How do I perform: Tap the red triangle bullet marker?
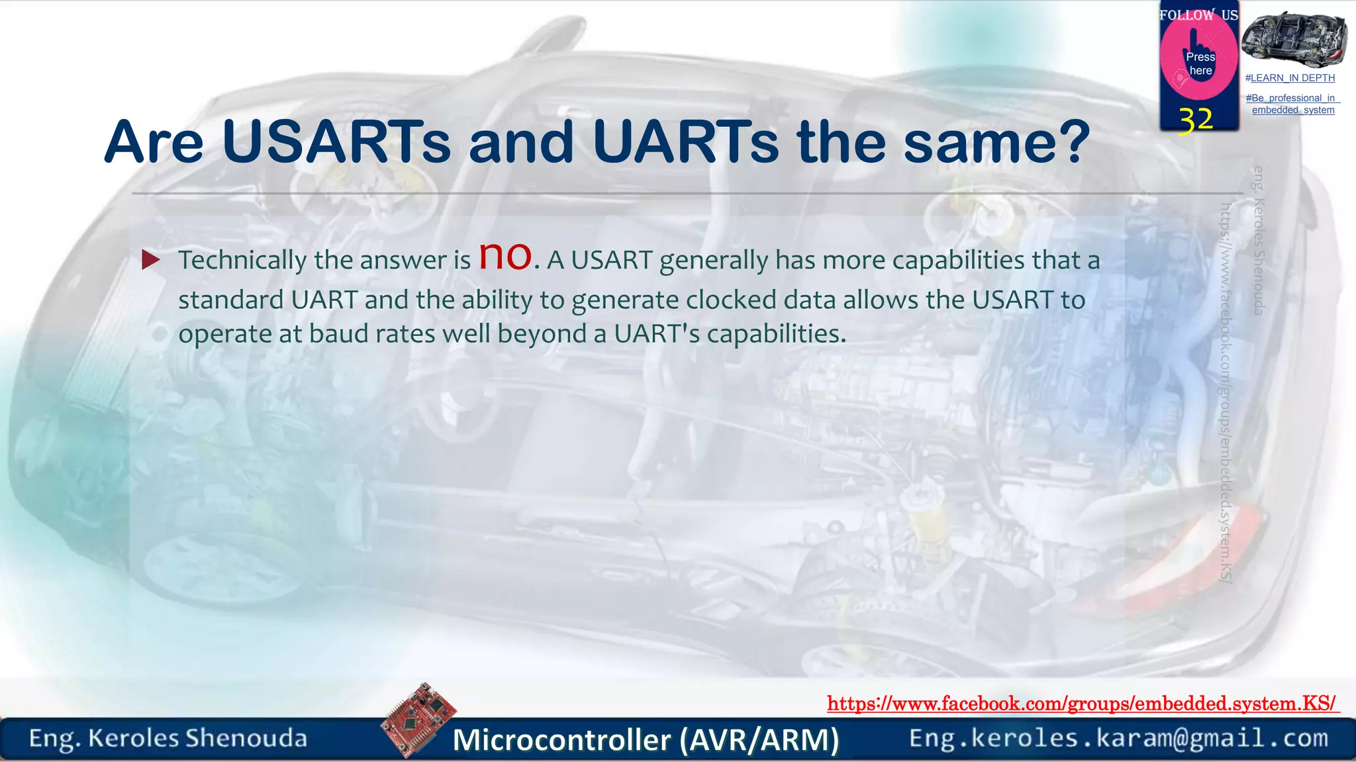(151, 260)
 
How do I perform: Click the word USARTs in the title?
(336, 142)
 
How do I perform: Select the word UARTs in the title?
(685, 142)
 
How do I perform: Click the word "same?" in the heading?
(996, 142)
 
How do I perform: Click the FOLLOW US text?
(1198, 15)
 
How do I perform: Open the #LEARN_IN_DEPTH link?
(1290, 78)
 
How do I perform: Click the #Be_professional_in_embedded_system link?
(1292, 104)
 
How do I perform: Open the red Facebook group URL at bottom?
(1082, 703)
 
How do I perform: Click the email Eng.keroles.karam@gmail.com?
(1118, 738)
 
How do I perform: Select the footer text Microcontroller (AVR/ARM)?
(646, 740)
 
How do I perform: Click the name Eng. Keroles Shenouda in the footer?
(168, 738)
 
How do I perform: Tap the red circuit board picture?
(418, 719)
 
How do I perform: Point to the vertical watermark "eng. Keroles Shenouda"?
(1259, 241)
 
